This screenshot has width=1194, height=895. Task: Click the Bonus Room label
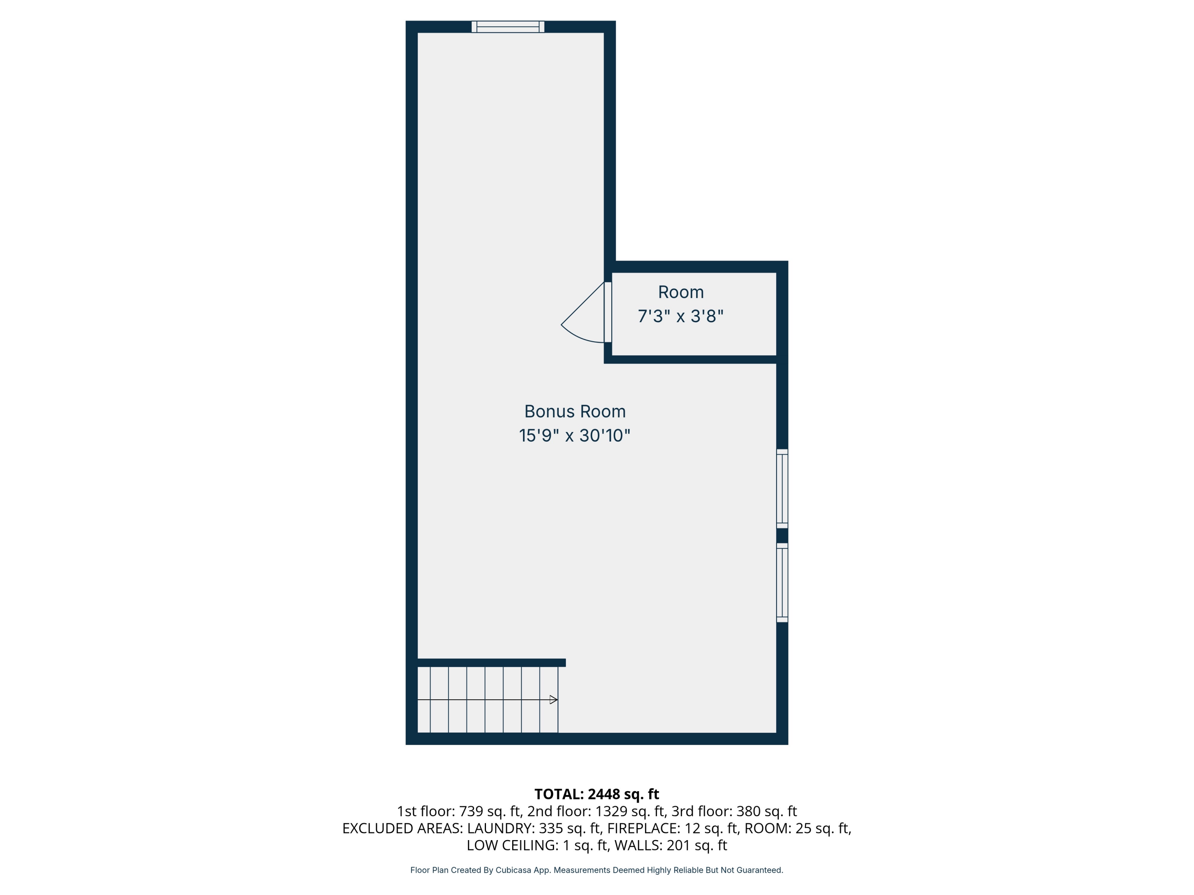575,412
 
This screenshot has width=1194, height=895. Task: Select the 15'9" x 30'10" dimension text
574,435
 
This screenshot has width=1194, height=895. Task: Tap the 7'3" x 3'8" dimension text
680,316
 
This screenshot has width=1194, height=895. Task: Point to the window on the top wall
507,27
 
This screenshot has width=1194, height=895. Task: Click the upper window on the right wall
782,488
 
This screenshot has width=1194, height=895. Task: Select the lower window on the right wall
782,583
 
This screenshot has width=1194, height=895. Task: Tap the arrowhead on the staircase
553,700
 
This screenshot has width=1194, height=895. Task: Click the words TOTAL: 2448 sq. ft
597,794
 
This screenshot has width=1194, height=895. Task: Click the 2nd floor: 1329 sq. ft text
597,811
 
